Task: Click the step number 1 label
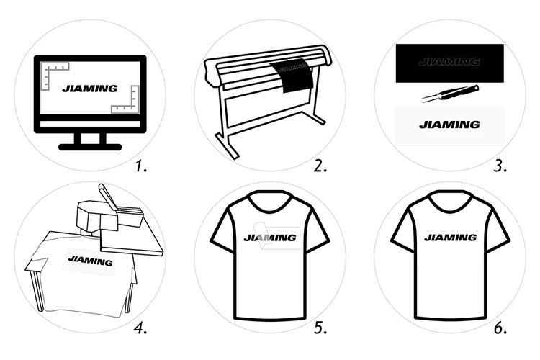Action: pos(142,167)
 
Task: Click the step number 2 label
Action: pos(320,167)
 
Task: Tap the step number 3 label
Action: pos(500,167)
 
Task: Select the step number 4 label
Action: pos(141,329)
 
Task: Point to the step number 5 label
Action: pos(320,329)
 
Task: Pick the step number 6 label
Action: pos(500,329)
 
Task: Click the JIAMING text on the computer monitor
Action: pos(89,89)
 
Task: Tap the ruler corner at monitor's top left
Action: pos(53,73)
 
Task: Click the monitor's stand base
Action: pos(90,147)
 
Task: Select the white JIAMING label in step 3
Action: pos(449,125)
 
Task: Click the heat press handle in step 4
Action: pos(105,194)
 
